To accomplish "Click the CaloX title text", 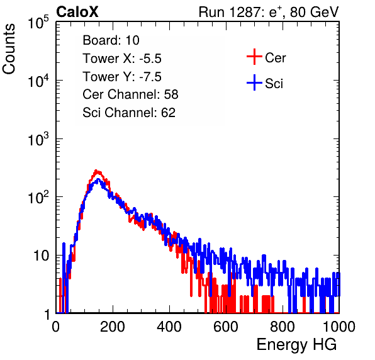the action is (77, 12).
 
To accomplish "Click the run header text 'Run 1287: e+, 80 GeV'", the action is (269, 12).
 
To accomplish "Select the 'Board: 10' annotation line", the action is (111, 40).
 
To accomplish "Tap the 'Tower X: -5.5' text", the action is (122, 59).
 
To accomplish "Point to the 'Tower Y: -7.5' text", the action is (122, 77).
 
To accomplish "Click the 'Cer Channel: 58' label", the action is (130, 94).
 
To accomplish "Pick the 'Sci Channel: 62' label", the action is (129, 113).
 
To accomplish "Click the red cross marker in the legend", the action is (254, 57).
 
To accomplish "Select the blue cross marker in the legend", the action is (254, 83).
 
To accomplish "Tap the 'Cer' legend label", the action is (275, 58).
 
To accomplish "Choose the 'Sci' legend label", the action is (274, 84).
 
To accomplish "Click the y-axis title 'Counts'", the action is (9, 49).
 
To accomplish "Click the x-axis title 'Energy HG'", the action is (296, 345).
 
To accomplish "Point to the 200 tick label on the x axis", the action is (113, 327).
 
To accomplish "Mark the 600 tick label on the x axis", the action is (226, 327).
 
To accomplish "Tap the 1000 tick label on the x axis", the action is (339, 327).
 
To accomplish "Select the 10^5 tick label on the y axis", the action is (38, 23).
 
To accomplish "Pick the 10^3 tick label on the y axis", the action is (38, 139).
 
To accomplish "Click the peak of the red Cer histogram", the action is (96, 171).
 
